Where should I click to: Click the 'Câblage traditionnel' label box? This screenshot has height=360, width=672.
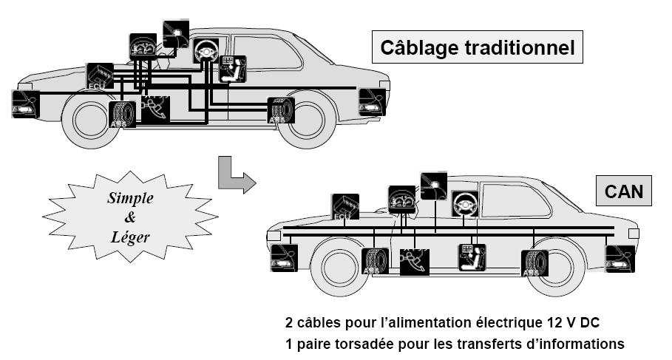pos(477,48)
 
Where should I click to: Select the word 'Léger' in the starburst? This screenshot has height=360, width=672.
pos(129,237)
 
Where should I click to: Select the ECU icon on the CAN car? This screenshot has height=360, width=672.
pos(345,207)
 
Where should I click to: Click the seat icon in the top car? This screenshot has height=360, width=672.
pos(234,69)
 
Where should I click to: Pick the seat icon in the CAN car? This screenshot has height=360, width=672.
pos(472,257)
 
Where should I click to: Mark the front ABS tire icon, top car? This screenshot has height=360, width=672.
pos(122,115)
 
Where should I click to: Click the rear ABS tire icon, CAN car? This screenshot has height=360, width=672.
pos(534,263)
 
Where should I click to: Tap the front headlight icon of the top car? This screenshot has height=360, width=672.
pos(24,103)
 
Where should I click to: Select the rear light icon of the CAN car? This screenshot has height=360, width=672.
pos(620,259)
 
